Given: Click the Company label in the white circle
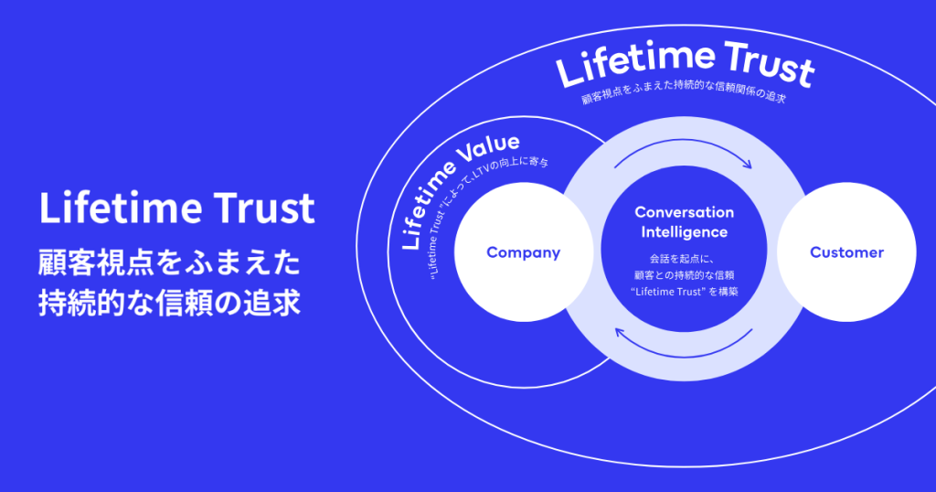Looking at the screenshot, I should pyautogui.click(x=523, y=252).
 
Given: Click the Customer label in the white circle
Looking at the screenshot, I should pyautogui.click(x=847, y=252).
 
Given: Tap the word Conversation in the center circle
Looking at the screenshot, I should pyautogui.click(x=685, y=212).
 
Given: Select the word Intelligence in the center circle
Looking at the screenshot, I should pyautogui.click(x=685, y=232).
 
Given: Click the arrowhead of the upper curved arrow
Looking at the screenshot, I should pyautogui.click(x=747, y=166).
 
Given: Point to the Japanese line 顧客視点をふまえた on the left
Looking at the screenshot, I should pyautogui.click(x=168, y=262).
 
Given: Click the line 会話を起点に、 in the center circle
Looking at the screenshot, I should pyautogui.click(x=685, y=258).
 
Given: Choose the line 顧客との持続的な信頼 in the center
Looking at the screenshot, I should pyautogui.click(x=685, y=274).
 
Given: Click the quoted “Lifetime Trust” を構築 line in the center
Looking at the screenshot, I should pyautogui.click(x=685, y=292).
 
